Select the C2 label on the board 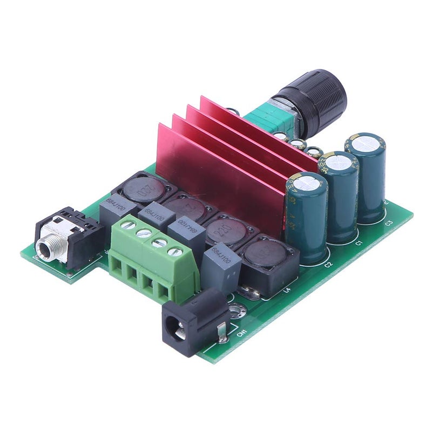(328, 265)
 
